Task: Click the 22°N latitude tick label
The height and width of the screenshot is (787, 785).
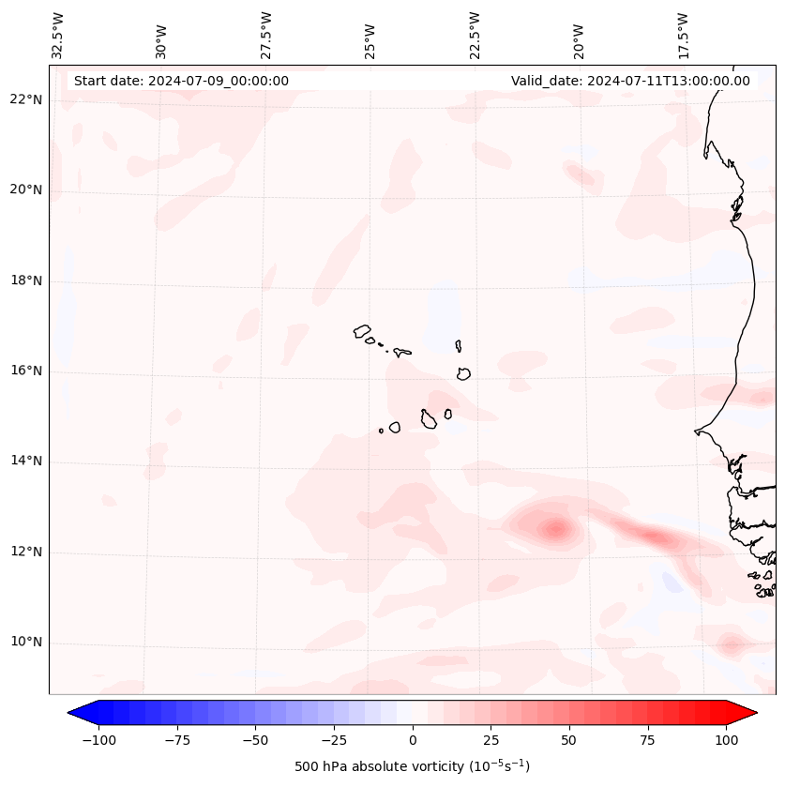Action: click(26, 100)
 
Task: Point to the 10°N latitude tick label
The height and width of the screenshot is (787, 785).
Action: click(26, 643)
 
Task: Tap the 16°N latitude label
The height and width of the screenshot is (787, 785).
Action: click(26, 371)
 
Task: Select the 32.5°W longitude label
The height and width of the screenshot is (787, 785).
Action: click(58, 35)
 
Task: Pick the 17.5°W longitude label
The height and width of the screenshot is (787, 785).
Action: click(683, 35)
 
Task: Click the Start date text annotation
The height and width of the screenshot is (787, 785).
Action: click(181, 81)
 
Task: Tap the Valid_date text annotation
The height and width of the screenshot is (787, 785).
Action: click(630, 81)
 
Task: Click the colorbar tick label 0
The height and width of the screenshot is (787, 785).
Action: click(413, 740)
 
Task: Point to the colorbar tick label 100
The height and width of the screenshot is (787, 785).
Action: click(726, 740)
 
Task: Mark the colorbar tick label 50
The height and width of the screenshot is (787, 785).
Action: click(569, 740)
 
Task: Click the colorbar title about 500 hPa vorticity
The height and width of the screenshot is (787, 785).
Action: click(412, 766)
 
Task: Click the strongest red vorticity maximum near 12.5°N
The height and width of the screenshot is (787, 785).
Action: click(555, 530)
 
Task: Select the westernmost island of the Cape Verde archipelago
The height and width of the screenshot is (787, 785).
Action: click(362, 331)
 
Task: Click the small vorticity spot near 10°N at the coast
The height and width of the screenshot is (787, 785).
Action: click(731, 644)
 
